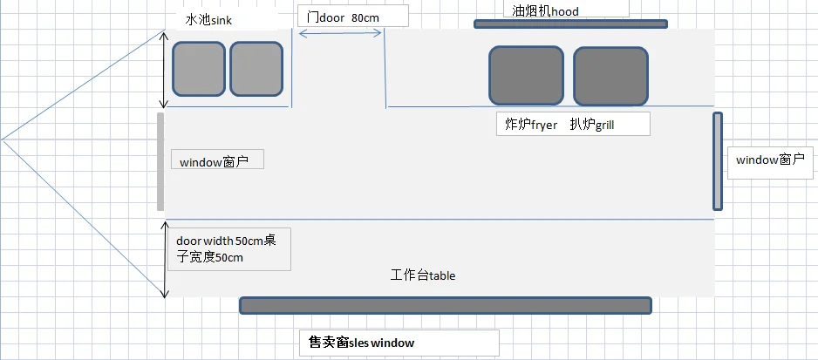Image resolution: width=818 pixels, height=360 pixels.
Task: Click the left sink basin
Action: (199, 69)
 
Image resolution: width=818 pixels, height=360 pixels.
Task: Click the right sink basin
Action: (256, 69)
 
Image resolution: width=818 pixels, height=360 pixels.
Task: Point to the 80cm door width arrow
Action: (340, 33)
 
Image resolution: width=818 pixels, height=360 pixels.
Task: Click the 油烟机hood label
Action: (546, 11)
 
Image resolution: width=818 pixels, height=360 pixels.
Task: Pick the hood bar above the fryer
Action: (570, 24)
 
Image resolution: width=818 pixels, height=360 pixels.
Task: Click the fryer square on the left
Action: (526, 75)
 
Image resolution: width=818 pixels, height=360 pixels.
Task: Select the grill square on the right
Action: (610, 75)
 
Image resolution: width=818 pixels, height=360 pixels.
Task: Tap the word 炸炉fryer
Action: (531, 125)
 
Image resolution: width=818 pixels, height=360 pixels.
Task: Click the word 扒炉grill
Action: (592, 125)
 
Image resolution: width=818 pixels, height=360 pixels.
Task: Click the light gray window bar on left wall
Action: (160, 161)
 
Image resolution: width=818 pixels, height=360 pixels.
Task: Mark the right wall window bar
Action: (718, 161)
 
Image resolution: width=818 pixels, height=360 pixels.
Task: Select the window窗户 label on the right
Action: (770, 160)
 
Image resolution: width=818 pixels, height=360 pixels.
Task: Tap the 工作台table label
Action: (423, 275)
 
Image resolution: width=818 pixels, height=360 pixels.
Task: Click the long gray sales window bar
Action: (445, 305)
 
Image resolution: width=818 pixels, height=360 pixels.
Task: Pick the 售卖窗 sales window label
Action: (362, 343)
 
